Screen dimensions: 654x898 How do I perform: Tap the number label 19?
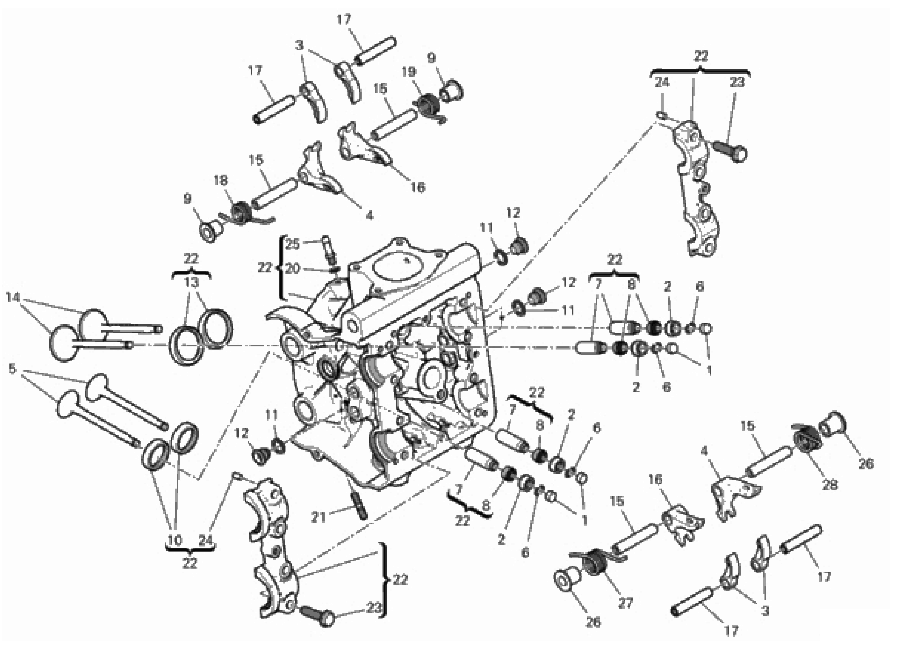coord(409,72)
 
